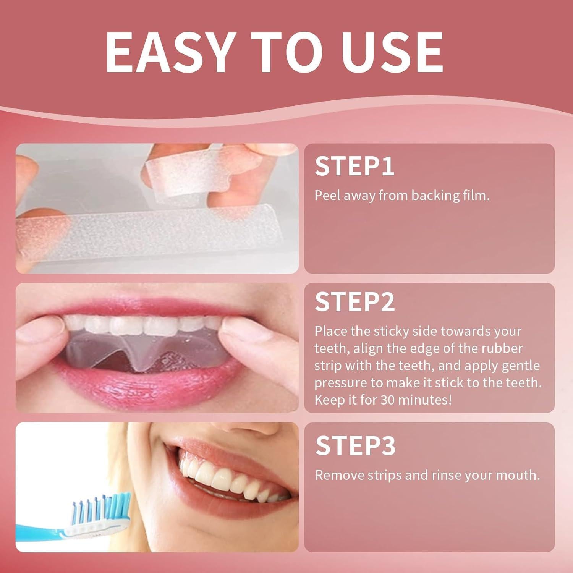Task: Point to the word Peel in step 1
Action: [327, 196]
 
